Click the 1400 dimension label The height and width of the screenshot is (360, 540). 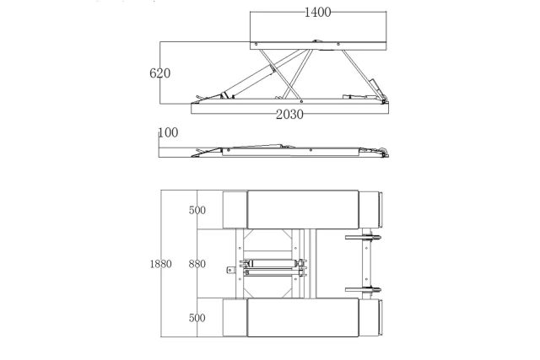(317, 13)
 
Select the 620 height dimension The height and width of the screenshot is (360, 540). (159, 73)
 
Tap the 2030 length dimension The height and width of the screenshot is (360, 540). (289, 115)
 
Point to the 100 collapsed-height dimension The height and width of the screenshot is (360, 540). (168, 132)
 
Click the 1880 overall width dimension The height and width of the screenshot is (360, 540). (160, 264)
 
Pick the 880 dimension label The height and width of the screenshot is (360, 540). (197, 264)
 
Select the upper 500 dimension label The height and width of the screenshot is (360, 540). (197, 210)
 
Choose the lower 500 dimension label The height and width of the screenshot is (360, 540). (197, 318)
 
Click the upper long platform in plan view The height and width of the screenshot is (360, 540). (303, 209)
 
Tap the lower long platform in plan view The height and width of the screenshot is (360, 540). (303, 317)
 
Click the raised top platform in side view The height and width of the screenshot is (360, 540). (318, 46)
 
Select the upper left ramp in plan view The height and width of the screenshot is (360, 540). (235, 210)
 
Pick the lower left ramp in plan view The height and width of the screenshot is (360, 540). (235, 317)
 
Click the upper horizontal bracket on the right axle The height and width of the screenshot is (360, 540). (363, 237)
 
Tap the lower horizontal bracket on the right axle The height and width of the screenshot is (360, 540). (363, 290)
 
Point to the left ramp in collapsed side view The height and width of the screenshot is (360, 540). (207, 152)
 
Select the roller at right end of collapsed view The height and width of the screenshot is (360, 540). (385, 152)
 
